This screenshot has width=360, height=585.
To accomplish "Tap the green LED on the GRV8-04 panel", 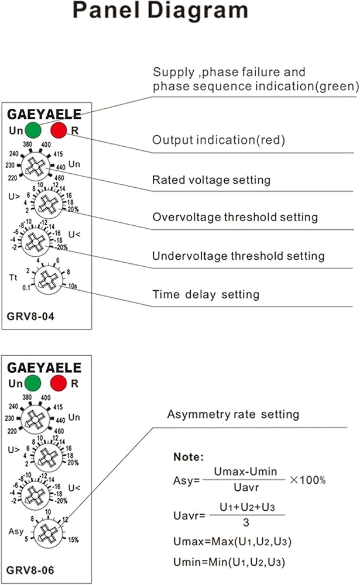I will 33,129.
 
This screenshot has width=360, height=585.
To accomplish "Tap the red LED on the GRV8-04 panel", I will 59,129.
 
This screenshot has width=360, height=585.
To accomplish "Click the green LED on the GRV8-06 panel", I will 33,384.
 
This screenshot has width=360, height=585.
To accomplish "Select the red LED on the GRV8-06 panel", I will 59,384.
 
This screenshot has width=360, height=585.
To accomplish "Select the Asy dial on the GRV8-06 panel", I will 44,532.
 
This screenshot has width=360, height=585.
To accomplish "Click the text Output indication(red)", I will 218,140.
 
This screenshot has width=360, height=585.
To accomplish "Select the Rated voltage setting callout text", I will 211,180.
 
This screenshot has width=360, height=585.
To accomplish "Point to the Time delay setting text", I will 205,294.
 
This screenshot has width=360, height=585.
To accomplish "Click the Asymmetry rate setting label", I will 233,415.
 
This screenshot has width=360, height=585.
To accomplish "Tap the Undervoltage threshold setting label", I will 238,256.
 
